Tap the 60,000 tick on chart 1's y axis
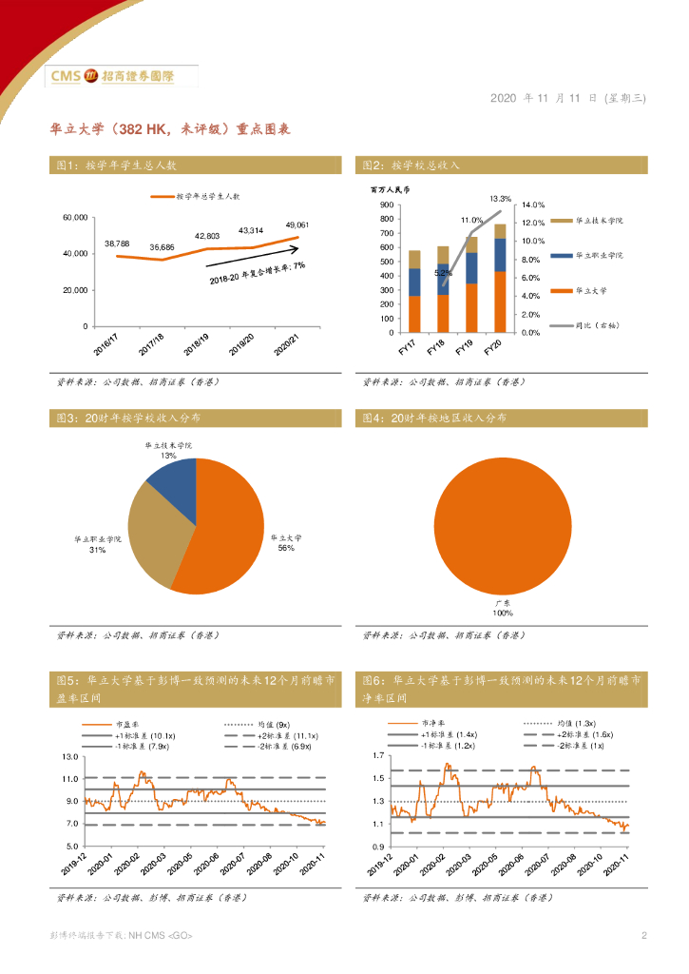[x=75, y=218]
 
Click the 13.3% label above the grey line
[x=501, y=199]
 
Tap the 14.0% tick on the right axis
[x=532, y=205]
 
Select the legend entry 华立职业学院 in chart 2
[x=599, y=256]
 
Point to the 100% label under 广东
[x=503, y=614]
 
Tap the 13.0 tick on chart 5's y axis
[x=69, y=757]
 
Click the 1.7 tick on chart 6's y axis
[x=377, y=757]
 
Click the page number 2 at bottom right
[x=643, y=936]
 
